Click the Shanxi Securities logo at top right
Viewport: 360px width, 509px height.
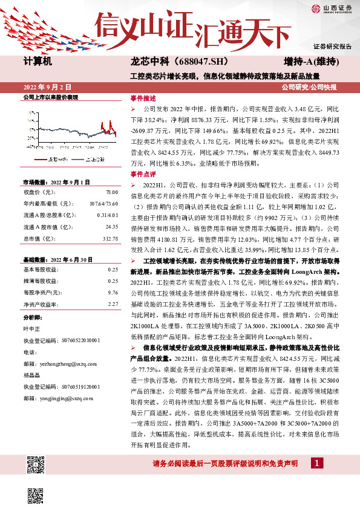click(332, 8)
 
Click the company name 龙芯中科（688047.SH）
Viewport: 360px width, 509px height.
click(171, 62)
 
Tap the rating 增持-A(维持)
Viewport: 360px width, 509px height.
click(310, 62)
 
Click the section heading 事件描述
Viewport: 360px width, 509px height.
click(143, 98)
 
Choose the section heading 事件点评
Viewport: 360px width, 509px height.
click(143, 173)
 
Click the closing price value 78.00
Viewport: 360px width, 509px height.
click(111, 192)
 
